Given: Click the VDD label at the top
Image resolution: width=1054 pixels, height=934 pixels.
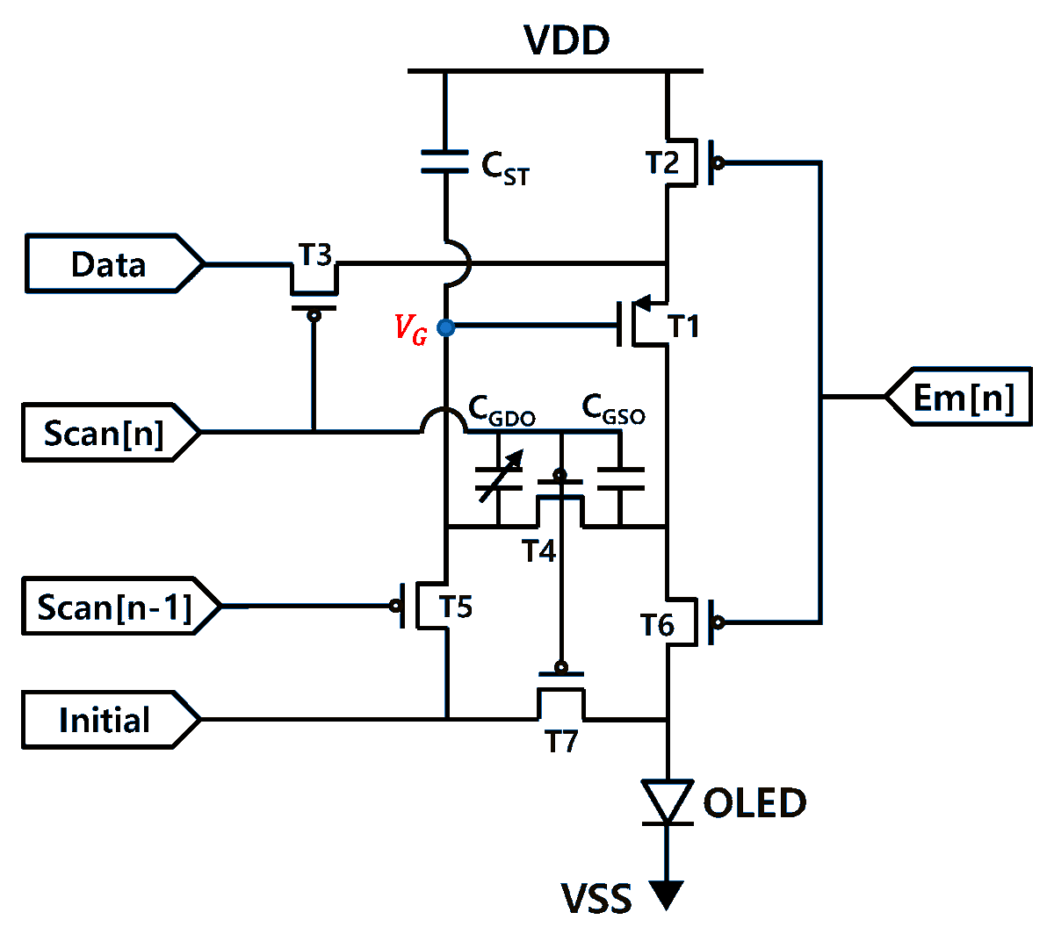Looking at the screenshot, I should tap(567, 40).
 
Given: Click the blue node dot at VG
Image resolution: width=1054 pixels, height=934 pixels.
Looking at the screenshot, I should tap(446, 328).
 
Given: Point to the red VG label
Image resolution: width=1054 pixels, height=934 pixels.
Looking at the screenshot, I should tap(410, 329).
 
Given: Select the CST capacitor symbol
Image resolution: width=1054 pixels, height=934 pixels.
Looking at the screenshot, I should tap(445, 162).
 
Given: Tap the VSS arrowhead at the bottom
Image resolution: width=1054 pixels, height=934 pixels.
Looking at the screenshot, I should tap(667, 894).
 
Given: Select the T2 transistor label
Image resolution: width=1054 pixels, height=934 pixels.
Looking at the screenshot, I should tap(662, 163).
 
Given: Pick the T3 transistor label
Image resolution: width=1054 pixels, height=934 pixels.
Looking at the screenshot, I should tap(314, 255).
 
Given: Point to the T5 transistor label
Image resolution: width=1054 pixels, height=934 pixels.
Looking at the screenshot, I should tap(456, 607).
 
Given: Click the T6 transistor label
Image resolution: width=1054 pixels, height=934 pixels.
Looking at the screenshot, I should tap(657, 625).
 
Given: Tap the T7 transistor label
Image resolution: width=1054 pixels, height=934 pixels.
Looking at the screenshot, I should tap(561, 743).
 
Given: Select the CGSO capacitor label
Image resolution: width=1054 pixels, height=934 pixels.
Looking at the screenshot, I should tap(613, 409).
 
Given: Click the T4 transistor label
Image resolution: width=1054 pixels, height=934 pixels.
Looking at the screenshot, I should tap(538, 551).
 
